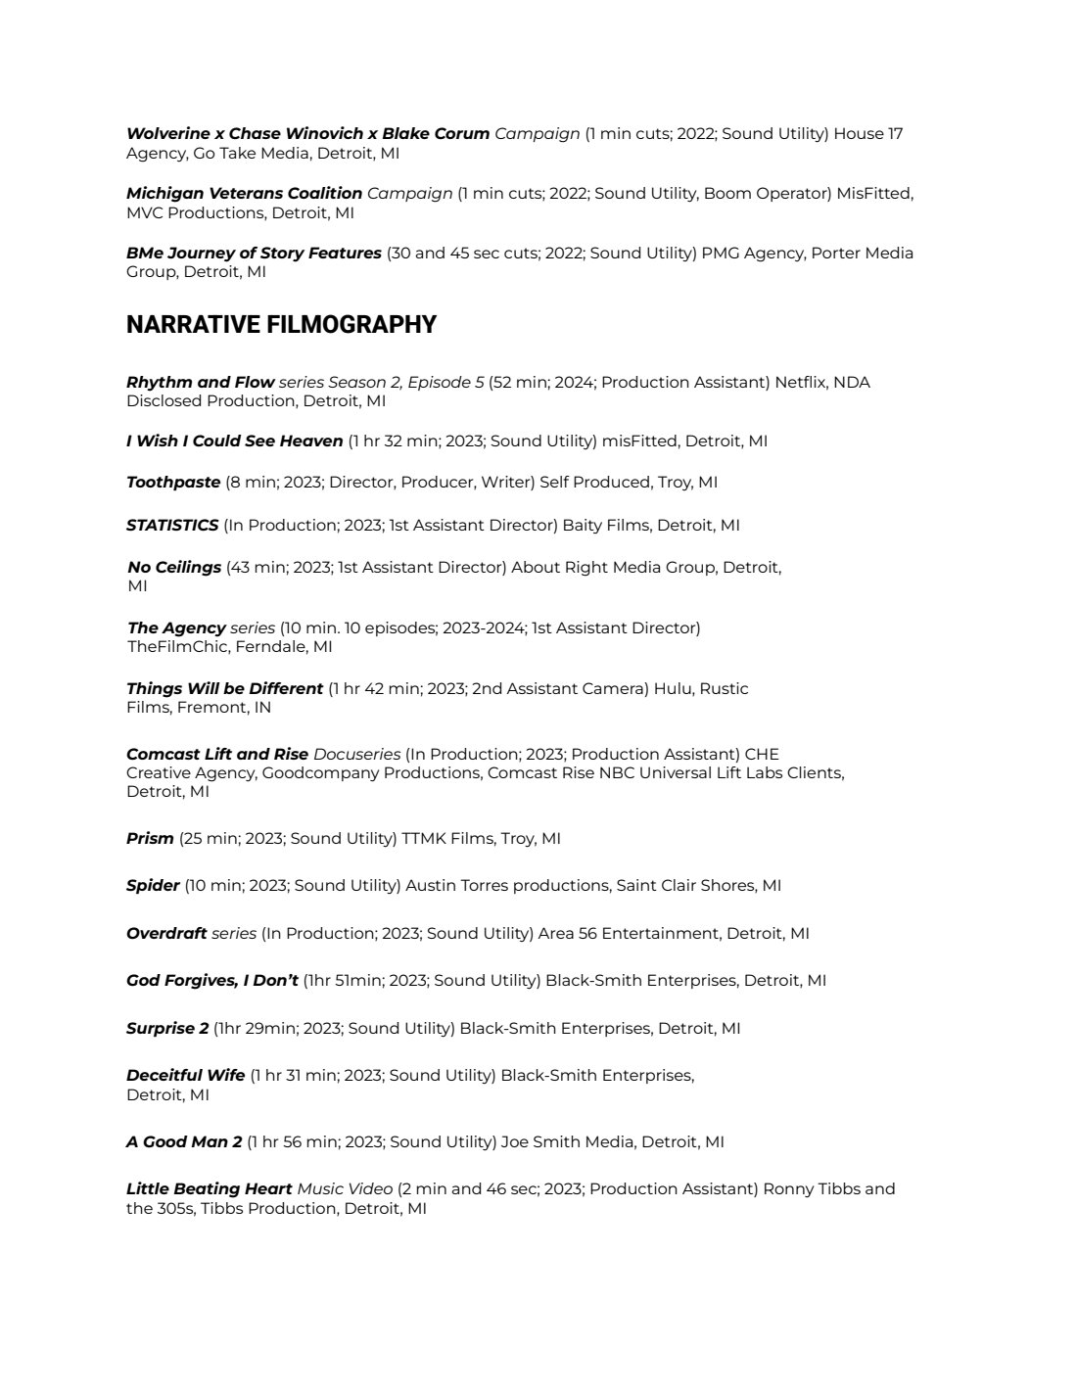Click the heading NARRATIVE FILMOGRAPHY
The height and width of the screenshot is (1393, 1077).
[281, 325]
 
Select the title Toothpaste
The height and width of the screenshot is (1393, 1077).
[173, 482]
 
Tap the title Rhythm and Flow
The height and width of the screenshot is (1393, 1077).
[200, 382]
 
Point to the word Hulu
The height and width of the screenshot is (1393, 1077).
[671, 688]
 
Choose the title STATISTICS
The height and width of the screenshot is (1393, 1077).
[172, 525]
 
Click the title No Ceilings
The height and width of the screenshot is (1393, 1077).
[174, 567]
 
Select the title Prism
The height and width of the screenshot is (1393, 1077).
[150, 838]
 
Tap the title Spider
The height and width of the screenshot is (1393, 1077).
[153, 885]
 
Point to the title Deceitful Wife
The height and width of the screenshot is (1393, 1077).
[185, 1075]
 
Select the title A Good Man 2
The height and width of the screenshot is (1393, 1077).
[184, 1141]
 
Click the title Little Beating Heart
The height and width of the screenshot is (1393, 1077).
[209, 1188]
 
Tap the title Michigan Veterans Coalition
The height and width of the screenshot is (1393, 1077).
[244, 193]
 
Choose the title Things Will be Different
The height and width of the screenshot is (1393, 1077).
[224, 688]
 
